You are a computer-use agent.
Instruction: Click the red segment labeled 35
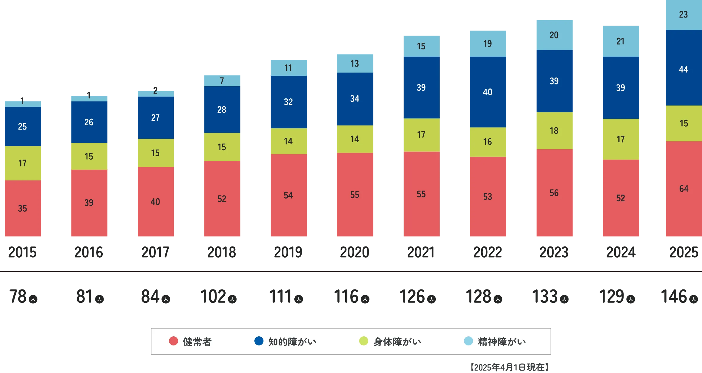[x=22, y=208]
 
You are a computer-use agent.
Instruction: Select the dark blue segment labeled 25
[x=22, y=126]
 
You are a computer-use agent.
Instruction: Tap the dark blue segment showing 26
[x=89, y=122]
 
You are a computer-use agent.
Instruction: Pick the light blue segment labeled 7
[x=222, y=81]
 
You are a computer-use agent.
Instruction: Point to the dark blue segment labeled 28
[x=222, y=110]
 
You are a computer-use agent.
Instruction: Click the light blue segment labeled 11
[x=288, y=68]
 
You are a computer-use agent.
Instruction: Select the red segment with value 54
[x=288, y=195]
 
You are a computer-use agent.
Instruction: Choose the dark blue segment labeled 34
[x=355, y=99]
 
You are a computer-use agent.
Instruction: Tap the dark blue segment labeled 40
[x=488, y=92]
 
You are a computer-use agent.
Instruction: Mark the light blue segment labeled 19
[x=488, y=44]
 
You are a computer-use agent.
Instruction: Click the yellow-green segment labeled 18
[x=554, y=131]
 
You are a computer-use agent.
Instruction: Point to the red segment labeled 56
[x=554, y=193]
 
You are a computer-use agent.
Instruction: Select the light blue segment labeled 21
[x=620, y=41]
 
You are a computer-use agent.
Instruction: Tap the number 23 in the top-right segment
[x=683, y=15]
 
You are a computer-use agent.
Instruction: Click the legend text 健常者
[x=197, y=342]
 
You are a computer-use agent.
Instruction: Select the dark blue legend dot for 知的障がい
[x=259, y=341]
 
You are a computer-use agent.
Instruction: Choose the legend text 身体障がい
[x=397, y=342]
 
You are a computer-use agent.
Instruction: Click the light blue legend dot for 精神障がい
[x=469, y=341]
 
